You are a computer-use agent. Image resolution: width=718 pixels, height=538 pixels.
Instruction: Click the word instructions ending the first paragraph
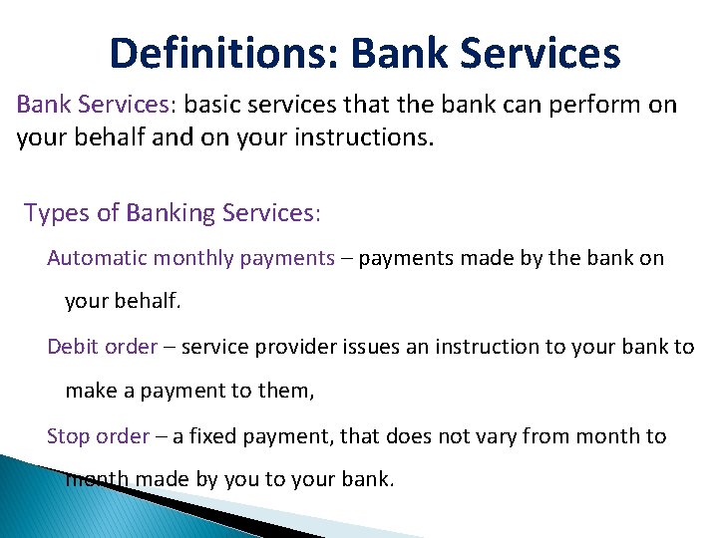pyautogui.click(x=369, y=136)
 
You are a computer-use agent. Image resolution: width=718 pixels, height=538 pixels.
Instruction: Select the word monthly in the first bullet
pyautogui.click(x=188, y=258)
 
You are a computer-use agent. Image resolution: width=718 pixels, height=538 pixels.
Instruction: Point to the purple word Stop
pyautogui.click(x=70, y=436)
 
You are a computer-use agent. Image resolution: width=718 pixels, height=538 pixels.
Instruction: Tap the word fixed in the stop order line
pyautogui.click(x=221, y=436)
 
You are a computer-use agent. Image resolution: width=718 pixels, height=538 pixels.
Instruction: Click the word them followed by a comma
pyautogui.click(x=285, y=392)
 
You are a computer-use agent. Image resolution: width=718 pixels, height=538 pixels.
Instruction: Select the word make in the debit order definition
pyautogui.click(x=89, y=392)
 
